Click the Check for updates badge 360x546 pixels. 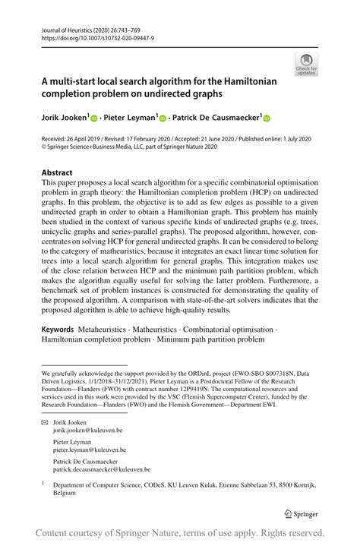point(307,64)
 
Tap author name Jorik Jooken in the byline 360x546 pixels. point(65,118)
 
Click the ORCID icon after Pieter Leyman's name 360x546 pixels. point(162,118)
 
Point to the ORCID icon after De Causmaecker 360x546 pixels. point(267,118)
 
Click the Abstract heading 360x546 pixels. point(57,172)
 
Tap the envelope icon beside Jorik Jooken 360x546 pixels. point(44,421)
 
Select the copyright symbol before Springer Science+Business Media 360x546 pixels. point(44,148)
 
